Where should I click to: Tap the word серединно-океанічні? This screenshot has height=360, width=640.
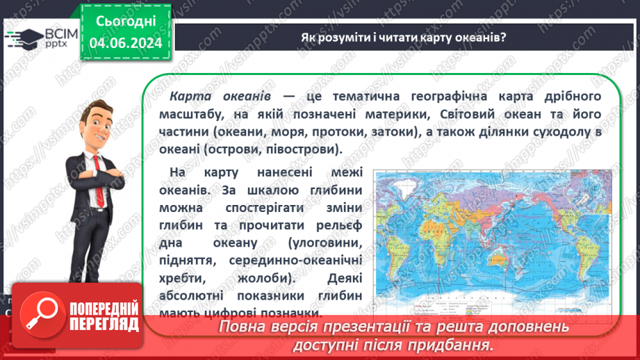pos(298,260)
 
